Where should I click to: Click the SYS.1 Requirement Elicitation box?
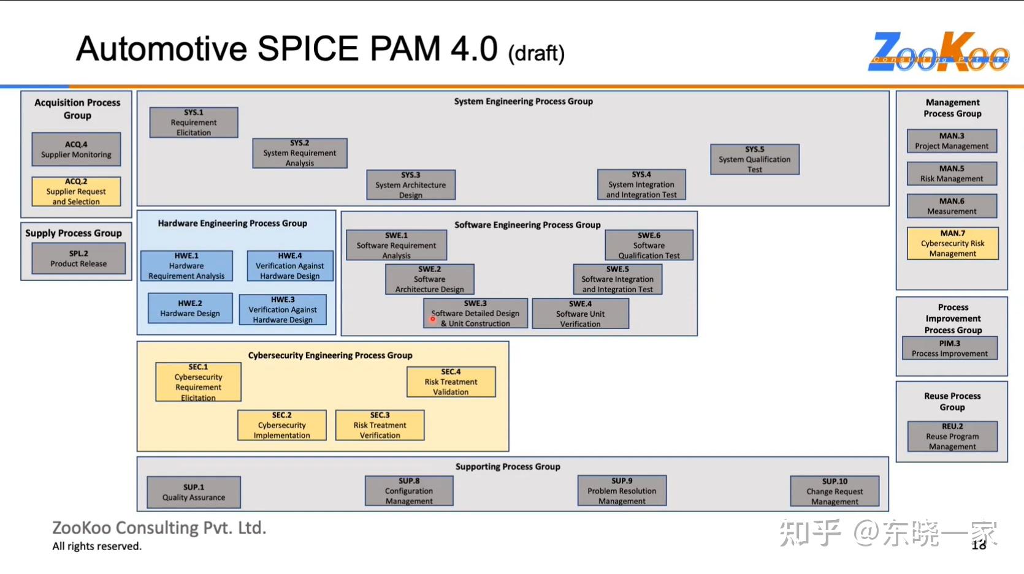[x=194, y=123]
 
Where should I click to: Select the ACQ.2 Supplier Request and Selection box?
[x=76, y=192]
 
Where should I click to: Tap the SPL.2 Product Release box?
[x=78, y=259]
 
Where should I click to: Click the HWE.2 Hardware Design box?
[x=190, y=308]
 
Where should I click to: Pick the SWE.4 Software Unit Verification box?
[x=580, y=314]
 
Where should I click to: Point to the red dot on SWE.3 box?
[x=432, y=319]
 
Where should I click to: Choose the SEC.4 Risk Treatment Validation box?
[x=451, y=382]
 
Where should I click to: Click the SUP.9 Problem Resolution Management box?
[x=622, y=491]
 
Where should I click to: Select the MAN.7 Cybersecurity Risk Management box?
[x=952, y=243]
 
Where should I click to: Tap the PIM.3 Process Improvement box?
[x=949, y=349]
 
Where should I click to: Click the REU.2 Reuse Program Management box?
[x=952, y=436]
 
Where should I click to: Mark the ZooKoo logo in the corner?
[x=938, y=52]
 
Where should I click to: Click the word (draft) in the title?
[x=536, y=54]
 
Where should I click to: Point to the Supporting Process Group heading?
[x=508, y=466]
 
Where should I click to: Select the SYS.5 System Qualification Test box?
[x=754, y=159]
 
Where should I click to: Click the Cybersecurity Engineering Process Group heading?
[x=330, y=355]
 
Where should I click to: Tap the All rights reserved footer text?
[x=97, y=546]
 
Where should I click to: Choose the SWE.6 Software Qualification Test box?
[x=649, y=245]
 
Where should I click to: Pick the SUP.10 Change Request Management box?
[x=835, y=491]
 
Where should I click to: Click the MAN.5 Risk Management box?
[x=952, y=173]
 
